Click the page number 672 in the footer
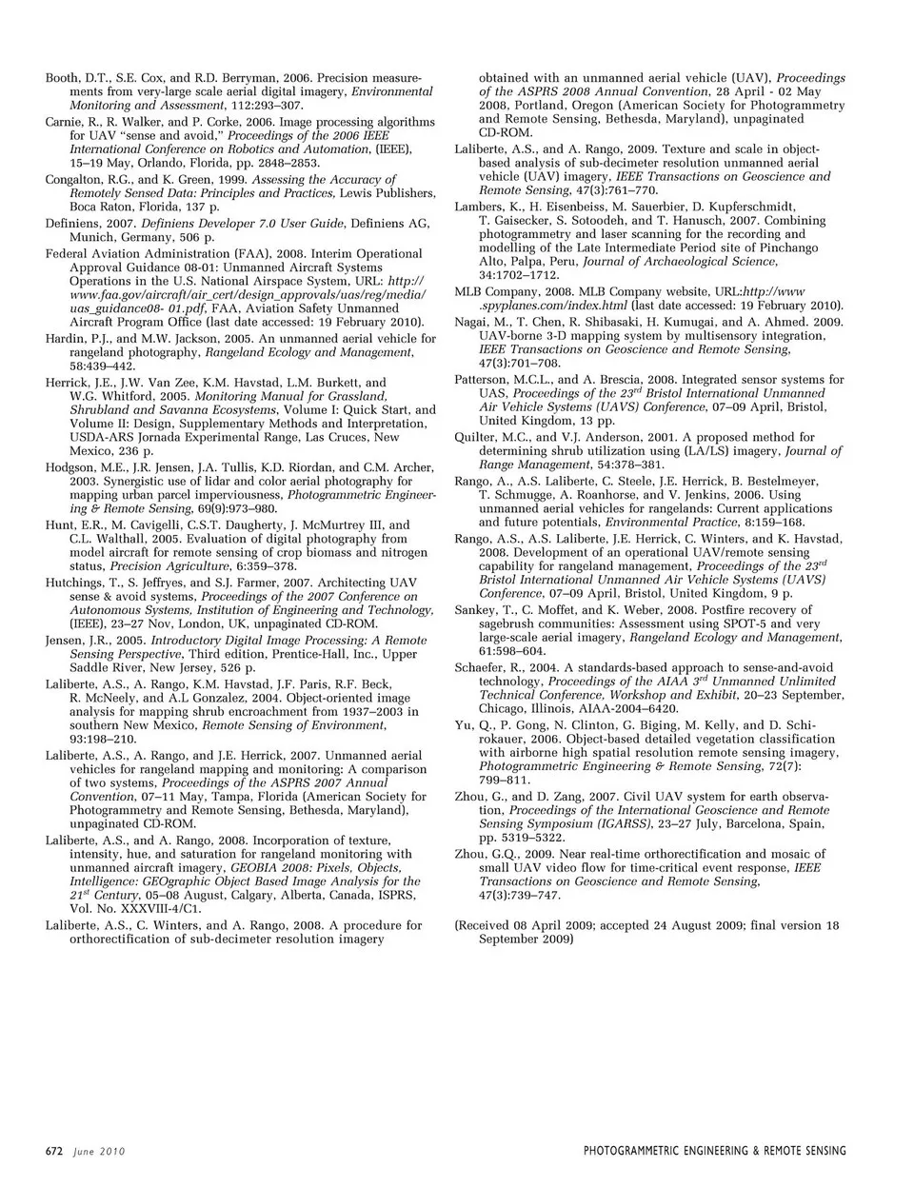point(54,1151)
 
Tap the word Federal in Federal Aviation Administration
point(69,254)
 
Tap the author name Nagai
point(472,323)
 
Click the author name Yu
point(464,725)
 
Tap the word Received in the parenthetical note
point(486,925)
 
